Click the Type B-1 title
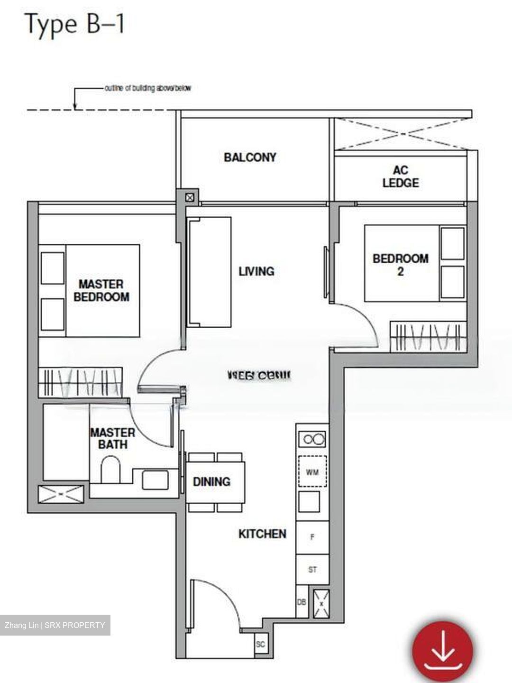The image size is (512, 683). pos(74,24)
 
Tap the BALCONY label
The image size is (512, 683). pos(250,157)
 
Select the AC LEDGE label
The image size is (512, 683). pos(401,176)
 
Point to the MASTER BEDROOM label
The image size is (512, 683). pos(101,290)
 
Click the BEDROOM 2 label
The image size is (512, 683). pos(401,265)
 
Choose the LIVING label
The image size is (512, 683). pos(256,271)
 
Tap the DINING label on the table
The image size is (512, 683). pos(211,482)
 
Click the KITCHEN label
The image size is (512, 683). pos(262,534)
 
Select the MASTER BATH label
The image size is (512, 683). pos(112,438)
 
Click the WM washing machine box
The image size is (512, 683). pos(312,472)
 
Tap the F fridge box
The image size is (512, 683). pos(312,537)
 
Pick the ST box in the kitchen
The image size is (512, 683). pos(312,570)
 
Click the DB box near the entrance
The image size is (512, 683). pos(302,602)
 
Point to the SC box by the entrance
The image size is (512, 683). pos(260,644)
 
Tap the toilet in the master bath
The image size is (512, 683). pos(111,470)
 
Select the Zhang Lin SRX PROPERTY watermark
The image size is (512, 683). pos(55,625)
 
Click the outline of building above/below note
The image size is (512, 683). pos(147,88)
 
